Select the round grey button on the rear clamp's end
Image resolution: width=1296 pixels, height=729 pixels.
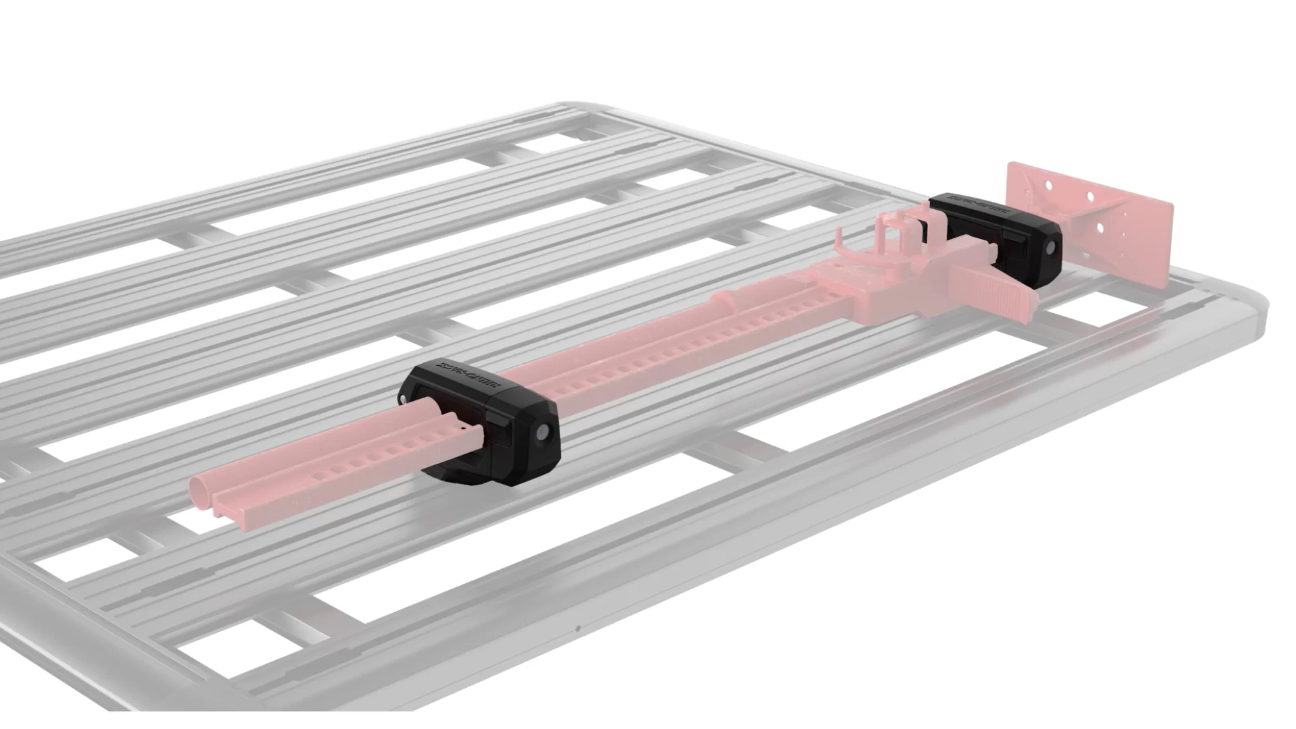[x=1051, y=250]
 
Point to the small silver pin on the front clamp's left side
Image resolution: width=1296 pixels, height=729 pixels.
[x=403, y=400]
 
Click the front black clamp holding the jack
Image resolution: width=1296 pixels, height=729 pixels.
[x=481, y=423]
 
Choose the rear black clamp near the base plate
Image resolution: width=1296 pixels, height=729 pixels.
[x=996, y=236]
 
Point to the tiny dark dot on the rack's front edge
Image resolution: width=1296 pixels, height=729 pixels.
[x=578, y=629]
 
